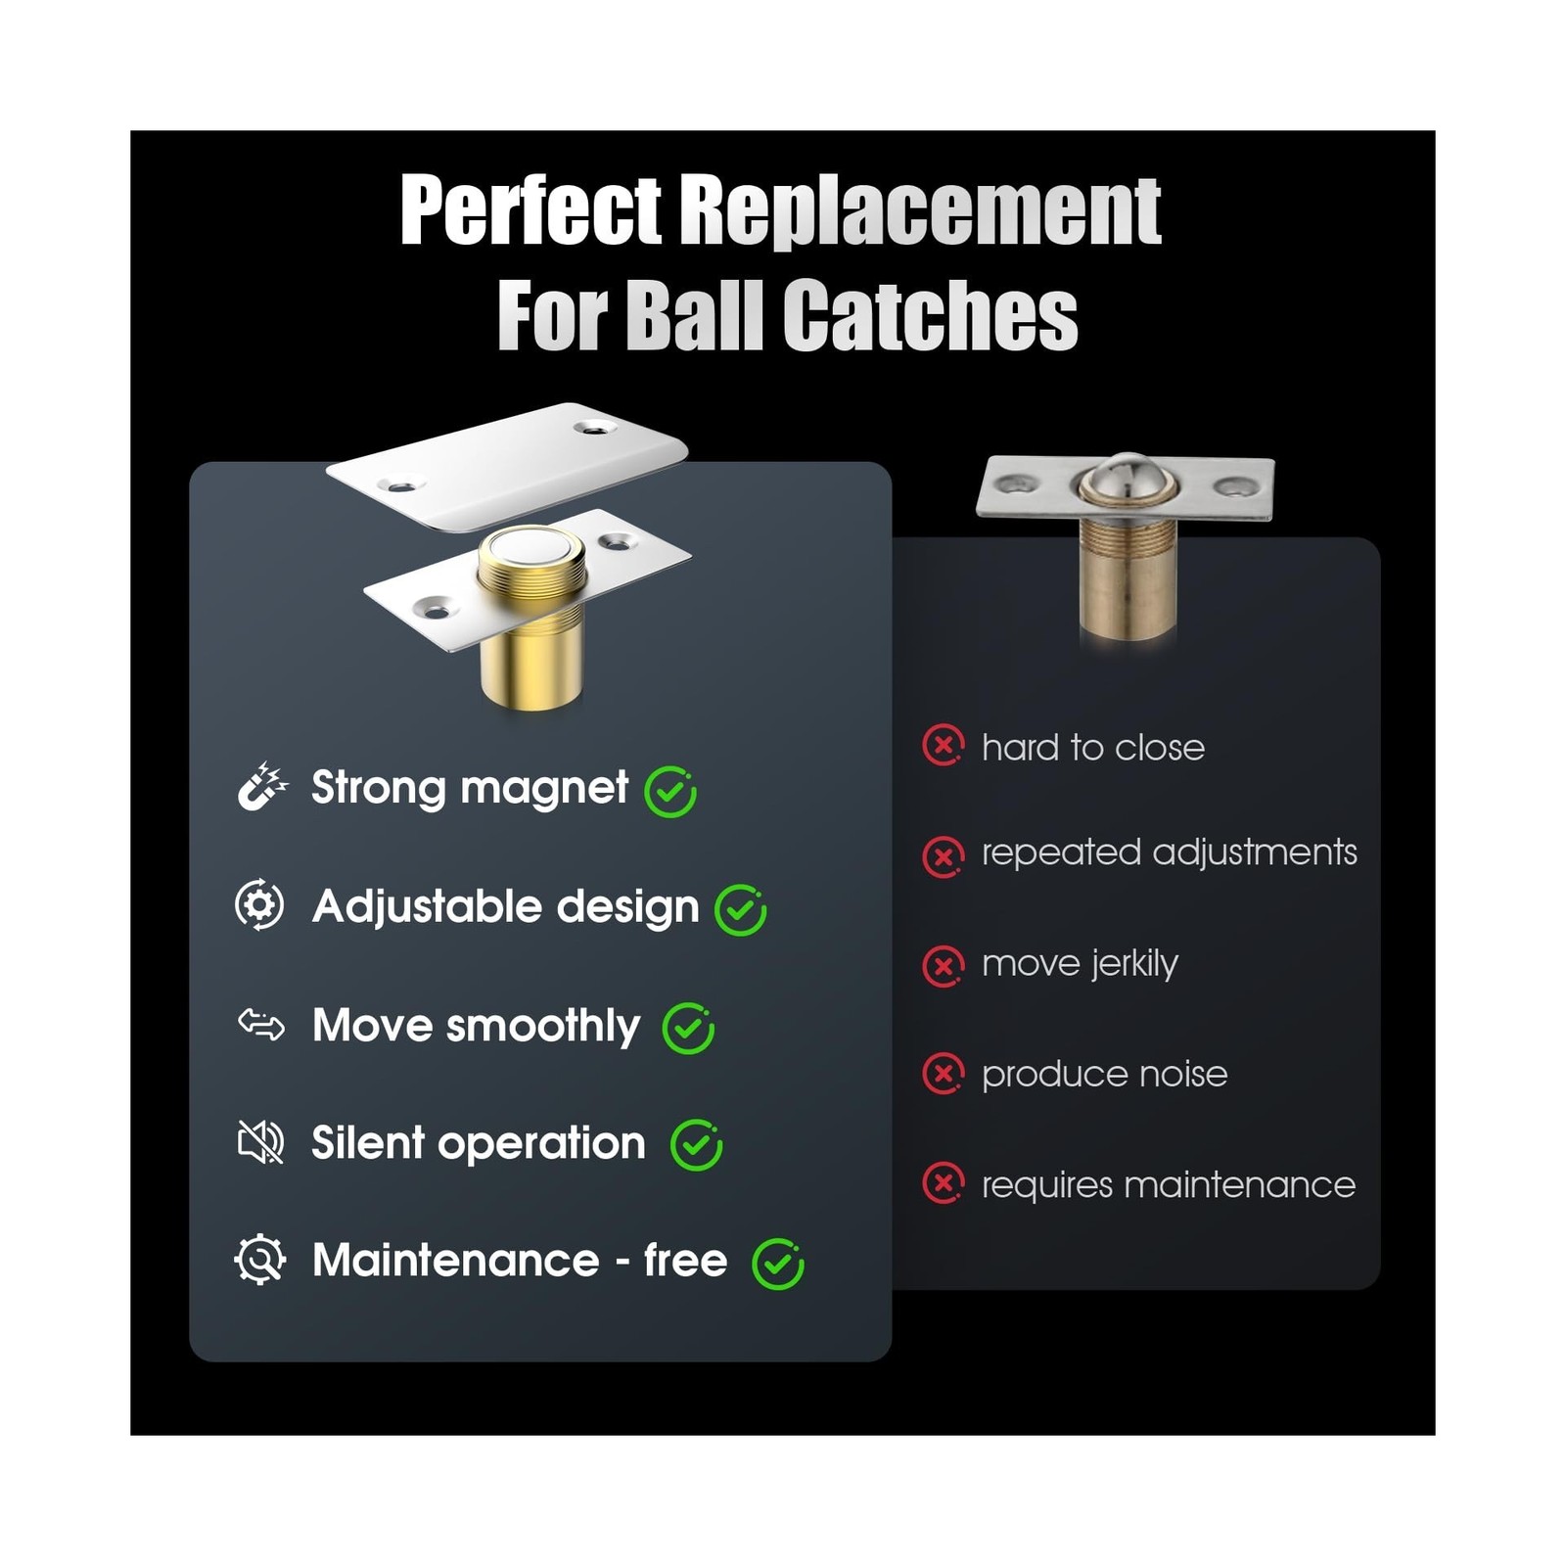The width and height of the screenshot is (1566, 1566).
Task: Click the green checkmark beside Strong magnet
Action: [x=670, y=792]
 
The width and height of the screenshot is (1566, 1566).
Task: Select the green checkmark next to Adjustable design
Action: [x=740, y=910]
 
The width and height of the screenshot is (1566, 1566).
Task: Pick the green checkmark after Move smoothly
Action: [x=688, y=1029]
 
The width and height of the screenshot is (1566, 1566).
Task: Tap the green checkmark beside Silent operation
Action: [x=696, y=1146]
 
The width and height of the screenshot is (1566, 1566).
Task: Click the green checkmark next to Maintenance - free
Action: [x=777, y=1264]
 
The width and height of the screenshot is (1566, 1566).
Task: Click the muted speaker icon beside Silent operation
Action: [x=260, y=1142]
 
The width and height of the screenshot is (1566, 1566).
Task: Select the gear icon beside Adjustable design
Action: [x=259, y=905]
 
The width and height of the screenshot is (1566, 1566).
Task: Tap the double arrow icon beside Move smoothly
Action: [x=261, y=1025]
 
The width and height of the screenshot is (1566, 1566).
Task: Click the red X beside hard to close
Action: [x=944, y=746]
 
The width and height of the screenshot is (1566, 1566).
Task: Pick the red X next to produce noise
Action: [x=944, y=1074]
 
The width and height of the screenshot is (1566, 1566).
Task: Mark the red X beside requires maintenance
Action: [x=944, y=1183]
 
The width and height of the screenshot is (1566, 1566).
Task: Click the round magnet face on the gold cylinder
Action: [x=530, y=550]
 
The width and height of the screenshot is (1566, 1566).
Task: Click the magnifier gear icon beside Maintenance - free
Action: [x=260, y=1260]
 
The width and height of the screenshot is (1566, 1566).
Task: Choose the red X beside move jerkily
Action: [x=944, y=966]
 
